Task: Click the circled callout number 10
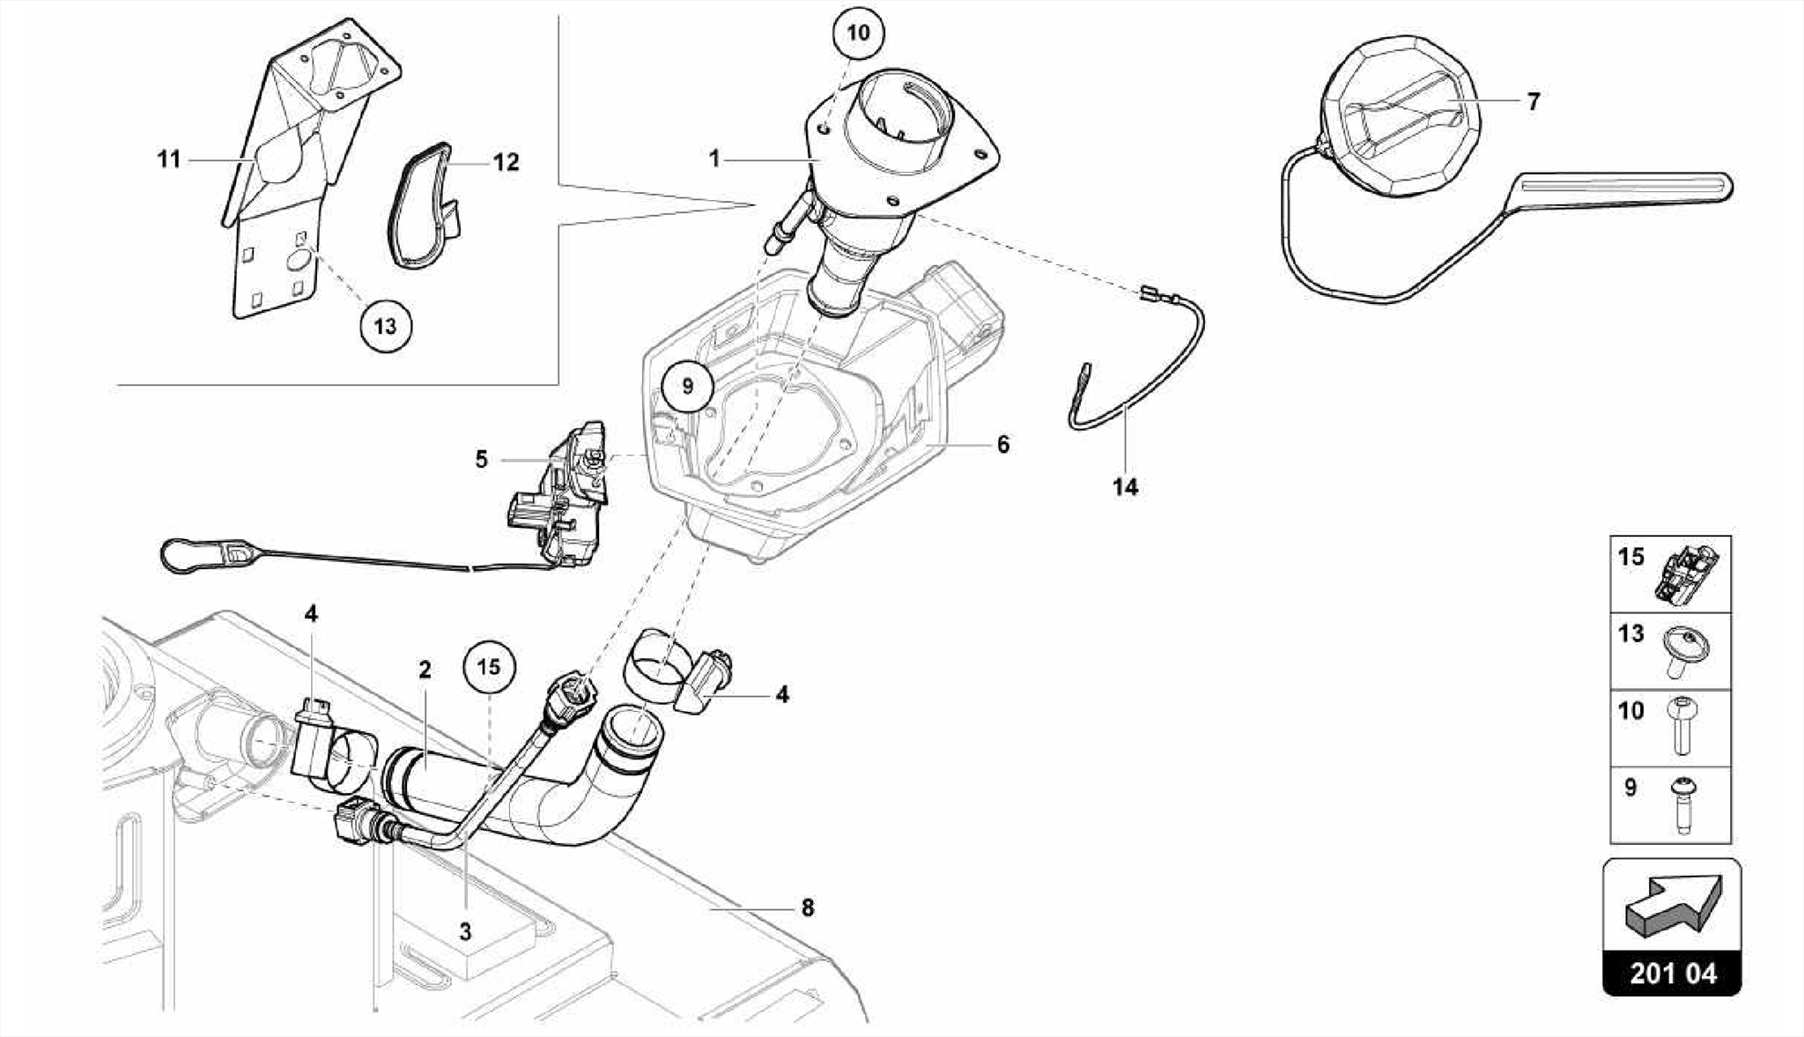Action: [x=857, y=33]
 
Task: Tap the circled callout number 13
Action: [x=386, y=327]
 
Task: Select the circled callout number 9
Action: [x=688, y=386]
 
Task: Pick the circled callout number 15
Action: [x=489, y=667]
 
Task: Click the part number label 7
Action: [x=1534, y=102]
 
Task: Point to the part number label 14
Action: [x=1125, y=486]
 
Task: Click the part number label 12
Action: [x=506, y=162]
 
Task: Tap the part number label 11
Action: [x=169, y=159]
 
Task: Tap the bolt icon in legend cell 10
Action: [x=1683, y=726]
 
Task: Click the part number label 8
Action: [x=808, y=907]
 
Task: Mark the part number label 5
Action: [x=481, y=460]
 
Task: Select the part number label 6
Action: [x=1002, y=445]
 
